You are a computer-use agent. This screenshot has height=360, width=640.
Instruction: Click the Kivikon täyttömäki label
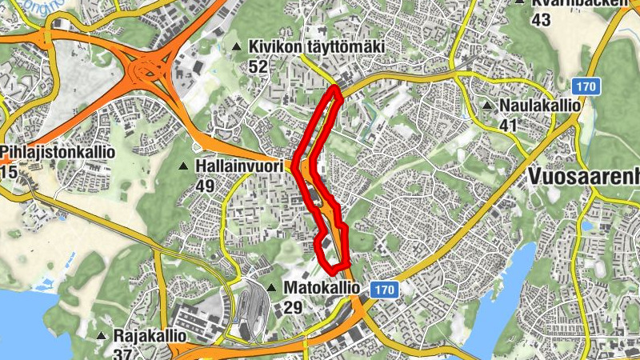pyautogui.click(x=316, y=48)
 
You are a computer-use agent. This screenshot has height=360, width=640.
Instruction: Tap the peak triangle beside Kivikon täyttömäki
pyautogui.click(x=237, y=48)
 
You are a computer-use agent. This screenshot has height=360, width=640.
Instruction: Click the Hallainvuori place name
pyautogui.click(x=239, y=166)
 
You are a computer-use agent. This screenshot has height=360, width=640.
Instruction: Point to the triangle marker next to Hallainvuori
pyautogui.click(x=183, y=166)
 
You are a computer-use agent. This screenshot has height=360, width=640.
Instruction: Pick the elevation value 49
pyautogui.click(x=206, y=186)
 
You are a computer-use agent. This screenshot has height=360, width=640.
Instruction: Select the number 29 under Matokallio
pyautogui.click(x=293, y=306)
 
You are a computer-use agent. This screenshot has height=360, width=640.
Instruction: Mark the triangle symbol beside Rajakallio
pyautogui.click(x=102, y=336)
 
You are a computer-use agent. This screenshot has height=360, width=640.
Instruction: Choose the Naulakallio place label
pyautogui.click(x=539, y=106)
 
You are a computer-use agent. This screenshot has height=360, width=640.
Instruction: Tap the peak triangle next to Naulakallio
pyautogui.click(x=487, y=106)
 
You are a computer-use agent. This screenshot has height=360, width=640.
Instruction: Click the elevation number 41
pyautogui.click(x=509, y=125)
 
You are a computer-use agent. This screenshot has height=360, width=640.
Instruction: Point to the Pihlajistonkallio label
pyautogui.click(x=58, y=151)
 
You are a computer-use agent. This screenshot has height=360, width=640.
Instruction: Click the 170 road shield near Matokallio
pyautogui.click(x=383, y=290)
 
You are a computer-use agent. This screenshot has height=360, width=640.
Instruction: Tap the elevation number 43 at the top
pyautogui.click(x=541, y=20)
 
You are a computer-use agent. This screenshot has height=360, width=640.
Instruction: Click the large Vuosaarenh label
pyautogui.click(x=584, y=176)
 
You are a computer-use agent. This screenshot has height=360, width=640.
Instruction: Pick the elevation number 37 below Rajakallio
pyautogui.click(x=122, y=354)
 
